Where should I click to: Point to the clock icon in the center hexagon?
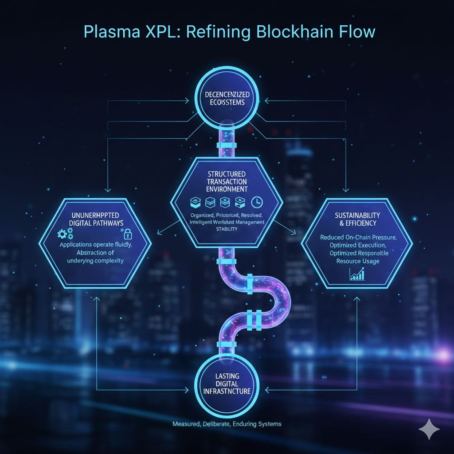pos(257,202)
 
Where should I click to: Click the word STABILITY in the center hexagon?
pos(227,229)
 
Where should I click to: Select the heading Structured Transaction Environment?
pos(227,181)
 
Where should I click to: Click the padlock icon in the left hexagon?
pos(127,234)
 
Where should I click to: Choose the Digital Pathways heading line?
pos(96,223)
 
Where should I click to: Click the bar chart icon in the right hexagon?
pos(357,274)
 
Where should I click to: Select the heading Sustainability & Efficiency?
pos(357,219)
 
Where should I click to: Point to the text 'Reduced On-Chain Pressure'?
pos(358,237)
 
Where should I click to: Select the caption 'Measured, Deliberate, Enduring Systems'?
pos(227,424)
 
